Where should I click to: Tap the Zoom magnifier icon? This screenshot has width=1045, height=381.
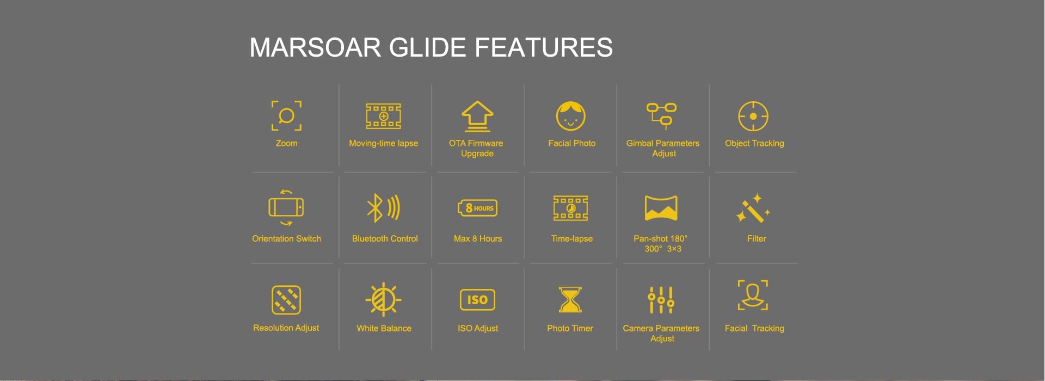[x=286, y=115]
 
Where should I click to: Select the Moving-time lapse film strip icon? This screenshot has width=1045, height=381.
[x=384, y=116]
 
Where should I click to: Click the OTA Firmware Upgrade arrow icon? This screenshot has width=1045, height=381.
[x=477, y=116]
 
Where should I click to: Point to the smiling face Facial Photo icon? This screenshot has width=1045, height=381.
[x=570, y=116]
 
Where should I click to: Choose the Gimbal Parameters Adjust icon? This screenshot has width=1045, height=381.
[x=662, y=115]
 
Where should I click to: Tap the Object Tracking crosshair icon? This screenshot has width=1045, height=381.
[x=753, y=116]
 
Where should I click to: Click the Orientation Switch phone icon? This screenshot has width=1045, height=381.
[x=286, y=207]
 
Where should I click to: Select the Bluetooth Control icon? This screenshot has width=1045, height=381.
[x=384, y=208]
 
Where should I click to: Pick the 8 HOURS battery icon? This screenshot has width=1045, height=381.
[x=477, y=208]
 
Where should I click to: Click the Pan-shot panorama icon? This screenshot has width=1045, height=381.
[x=661, y=208]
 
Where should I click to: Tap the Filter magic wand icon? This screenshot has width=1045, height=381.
[x=753, y=208]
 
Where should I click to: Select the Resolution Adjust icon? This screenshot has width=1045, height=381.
[x=286, y=300]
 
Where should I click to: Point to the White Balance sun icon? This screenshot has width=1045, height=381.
[x=384, y=299]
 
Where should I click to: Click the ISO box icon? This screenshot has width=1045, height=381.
[x=477, y=299]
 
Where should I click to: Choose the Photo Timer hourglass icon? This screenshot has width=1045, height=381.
[x=570, y=300]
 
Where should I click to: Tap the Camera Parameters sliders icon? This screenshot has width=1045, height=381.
[x=661, y=300]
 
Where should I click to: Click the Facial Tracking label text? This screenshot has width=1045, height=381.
[x=754, y=328]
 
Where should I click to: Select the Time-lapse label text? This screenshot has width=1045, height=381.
[x=571, y=238]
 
